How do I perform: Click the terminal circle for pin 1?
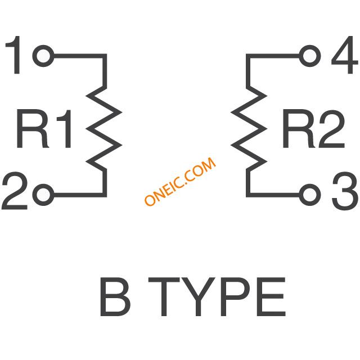pyautogui.click(x=43, y=56)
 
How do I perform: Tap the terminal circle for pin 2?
pyautogui.click(x=43, y=195)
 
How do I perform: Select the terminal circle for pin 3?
pyautogui.click(x=310, y=195)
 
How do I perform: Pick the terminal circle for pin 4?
pyautogui.click(x=310, y=56)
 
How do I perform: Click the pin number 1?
pyautogui.click(x=13, y=55)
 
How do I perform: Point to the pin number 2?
pyautogui.click(x=15, y=191)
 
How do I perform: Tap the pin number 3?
pyautogui.click(x=345, y=191)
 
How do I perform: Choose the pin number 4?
pyautogui.click(x=345, y=55)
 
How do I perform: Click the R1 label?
pyautogui.click(x=44, y=129)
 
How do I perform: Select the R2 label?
pyautogui.click(x=314, y=129)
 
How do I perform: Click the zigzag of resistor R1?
pyautogui.click(x=103, y=129)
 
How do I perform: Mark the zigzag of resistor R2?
pyautogui.click(x=249, y=129)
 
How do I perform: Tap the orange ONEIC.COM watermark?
pyautogui.click(x=180, y=181)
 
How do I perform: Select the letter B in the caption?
pyautogui.click(x=115, y=296)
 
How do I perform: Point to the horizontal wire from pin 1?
pyautogui.click(x=80, y=56)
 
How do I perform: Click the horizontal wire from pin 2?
pyautogui.click(x=80, y=195)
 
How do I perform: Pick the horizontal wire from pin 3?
pyautogui.click(x=273, y=195)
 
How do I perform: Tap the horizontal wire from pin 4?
pyautogui.click(x=273, y=56)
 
